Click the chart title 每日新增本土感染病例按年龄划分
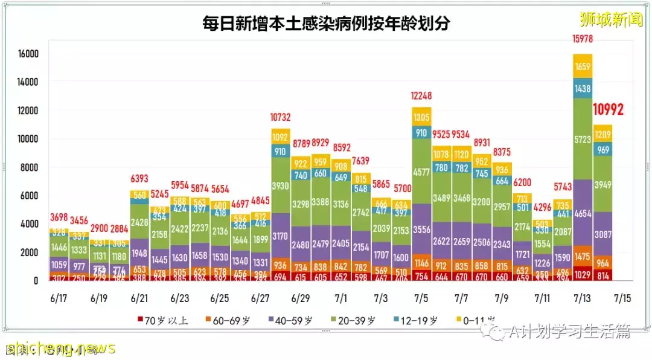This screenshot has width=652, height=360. [326, 24]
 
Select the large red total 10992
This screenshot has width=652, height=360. [607, 109]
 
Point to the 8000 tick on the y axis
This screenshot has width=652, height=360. [30, 167]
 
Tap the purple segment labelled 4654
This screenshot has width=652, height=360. [582, 213]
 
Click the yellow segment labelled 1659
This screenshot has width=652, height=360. [582, 66]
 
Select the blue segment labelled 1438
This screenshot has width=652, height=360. [582, 88]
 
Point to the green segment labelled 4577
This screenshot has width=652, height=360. [421, 172]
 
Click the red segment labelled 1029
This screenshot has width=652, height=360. [582, 275]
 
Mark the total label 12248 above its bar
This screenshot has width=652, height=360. [421, 96]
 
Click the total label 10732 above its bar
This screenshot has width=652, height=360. [281, 117]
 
